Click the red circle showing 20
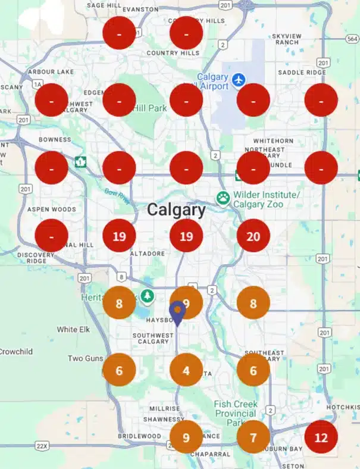pos(253,236)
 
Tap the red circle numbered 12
pos(321,437)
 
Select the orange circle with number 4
pos(186,370)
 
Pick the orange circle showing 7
pos(253,437)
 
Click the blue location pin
pos(177,312)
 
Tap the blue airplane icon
pos(239,79)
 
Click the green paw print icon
pos(223,197)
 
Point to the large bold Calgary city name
pos(176,210)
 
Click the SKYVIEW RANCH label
pos(287,39)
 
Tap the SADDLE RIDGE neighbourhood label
pos(303,73)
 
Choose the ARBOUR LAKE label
pos(50,72)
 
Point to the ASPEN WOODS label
pos(51,210)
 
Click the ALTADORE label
pos(146,254)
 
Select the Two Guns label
pos(84,358)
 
